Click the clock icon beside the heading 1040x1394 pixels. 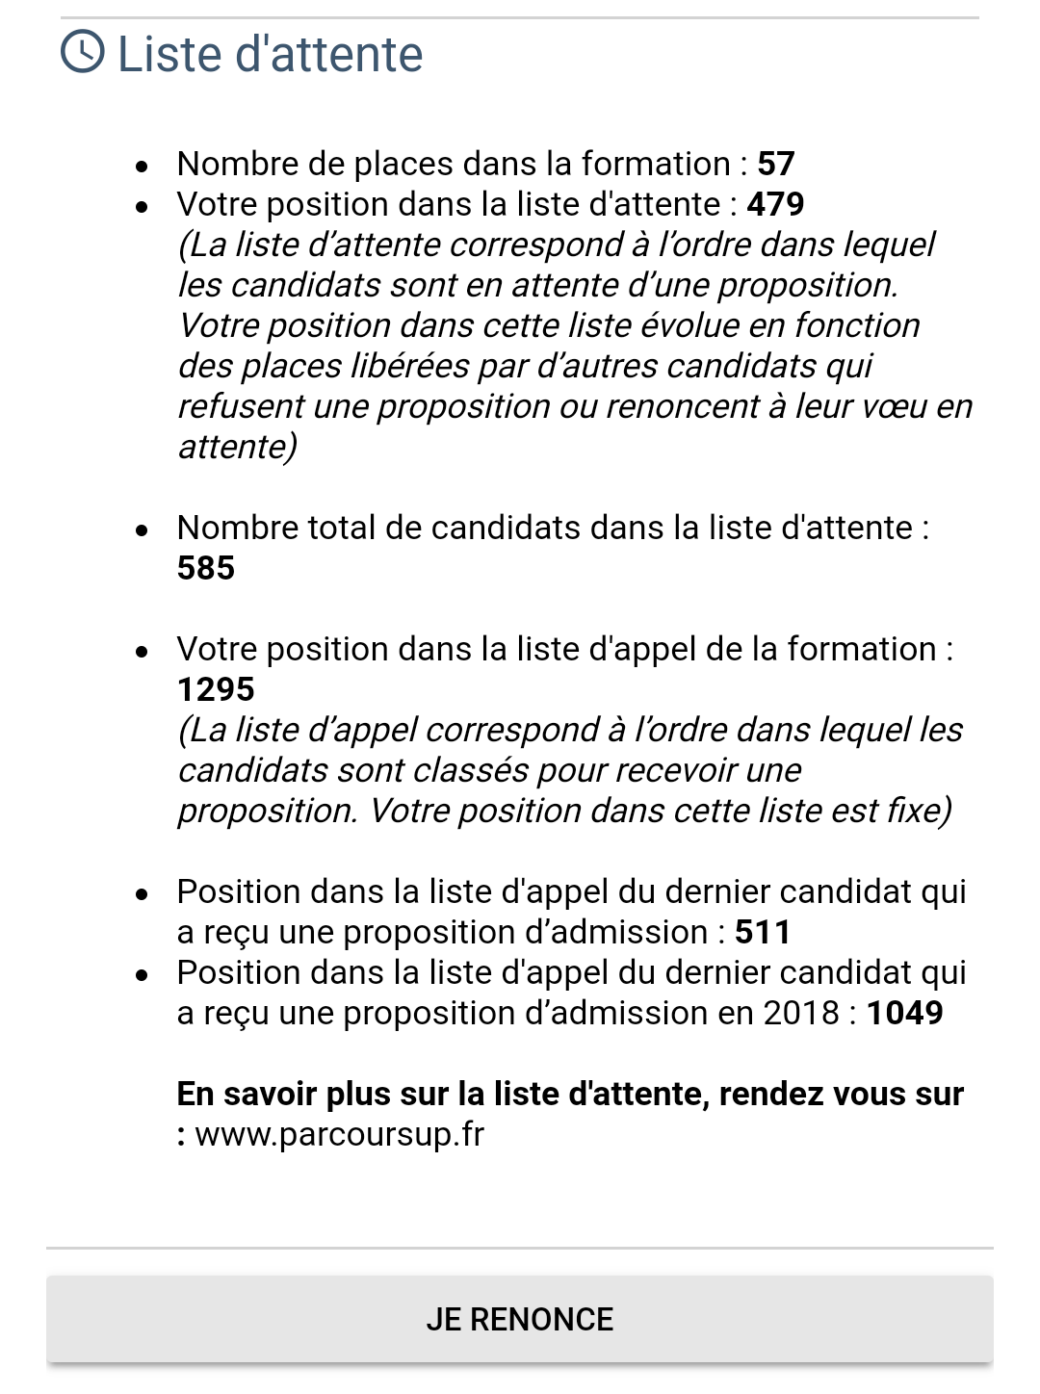point(83,51)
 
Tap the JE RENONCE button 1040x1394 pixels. point(520,1319)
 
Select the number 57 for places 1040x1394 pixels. point(776,164)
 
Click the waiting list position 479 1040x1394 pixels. point(776,204)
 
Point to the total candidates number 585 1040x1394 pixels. point(206,568)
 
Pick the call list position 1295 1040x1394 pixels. point(217,689)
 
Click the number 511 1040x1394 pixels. point(763,932)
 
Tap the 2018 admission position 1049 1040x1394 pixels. point(905,1013)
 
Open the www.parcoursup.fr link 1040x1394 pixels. point(339,1134)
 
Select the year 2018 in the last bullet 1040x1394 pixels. point(801,1013)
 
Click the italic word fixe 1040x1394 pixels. point(919,811)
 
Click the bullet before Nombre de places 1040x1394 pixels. point(143,167)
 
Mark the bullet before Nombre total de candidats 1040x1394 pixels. point(143,530)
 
